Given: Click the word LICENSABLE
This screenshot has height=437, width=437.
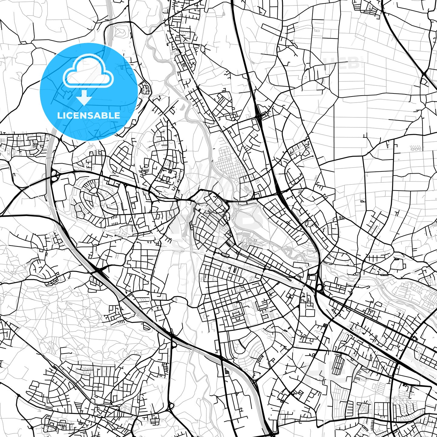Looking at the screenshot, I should pos(89,115).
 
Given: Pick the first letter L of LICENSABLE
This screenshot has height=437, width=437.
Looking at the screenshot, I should pos(59,115).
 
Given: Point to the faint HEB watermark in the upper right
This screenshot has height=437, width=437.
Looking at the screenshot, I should pos(341,63).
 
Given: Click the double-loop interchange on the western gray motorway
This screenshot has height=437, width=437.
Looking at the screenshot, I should pos(54,175).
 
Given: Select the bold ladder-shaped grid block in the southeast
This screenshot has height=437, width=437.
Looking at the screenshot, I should pos(337,364).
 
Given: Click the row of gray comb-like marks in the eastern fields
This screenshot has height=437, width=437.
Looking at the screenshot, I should pos(415,149).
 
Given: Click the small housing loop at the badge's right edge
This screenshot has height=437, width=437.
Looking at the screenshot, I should pos(145,88).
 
